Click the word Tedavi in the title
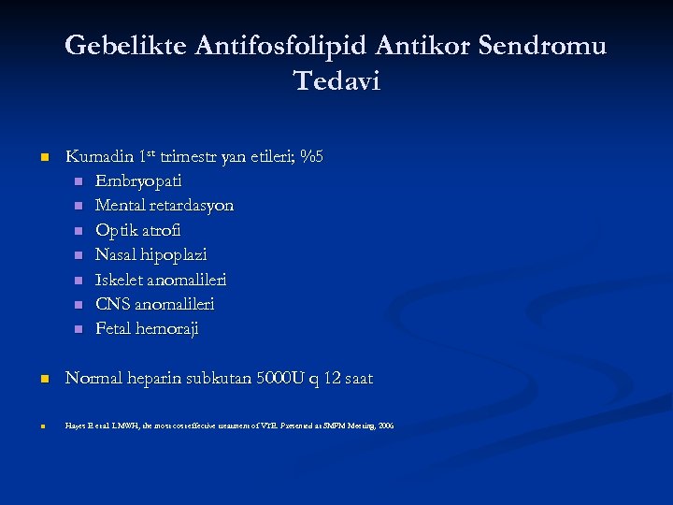(336, 81)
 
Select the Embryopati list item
(138, 180)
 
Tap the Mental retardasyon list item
(165, 205)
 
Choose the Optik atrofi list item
(138, 230)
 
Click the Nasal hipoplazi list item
(151, 254)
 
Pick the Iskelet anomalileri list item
(161, 280)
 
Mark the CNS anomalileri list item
(155, 304)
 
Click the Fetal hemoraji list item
(147, 329)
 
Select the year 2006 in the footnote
(386, 426)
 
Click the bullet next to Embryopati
(79, 181)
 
